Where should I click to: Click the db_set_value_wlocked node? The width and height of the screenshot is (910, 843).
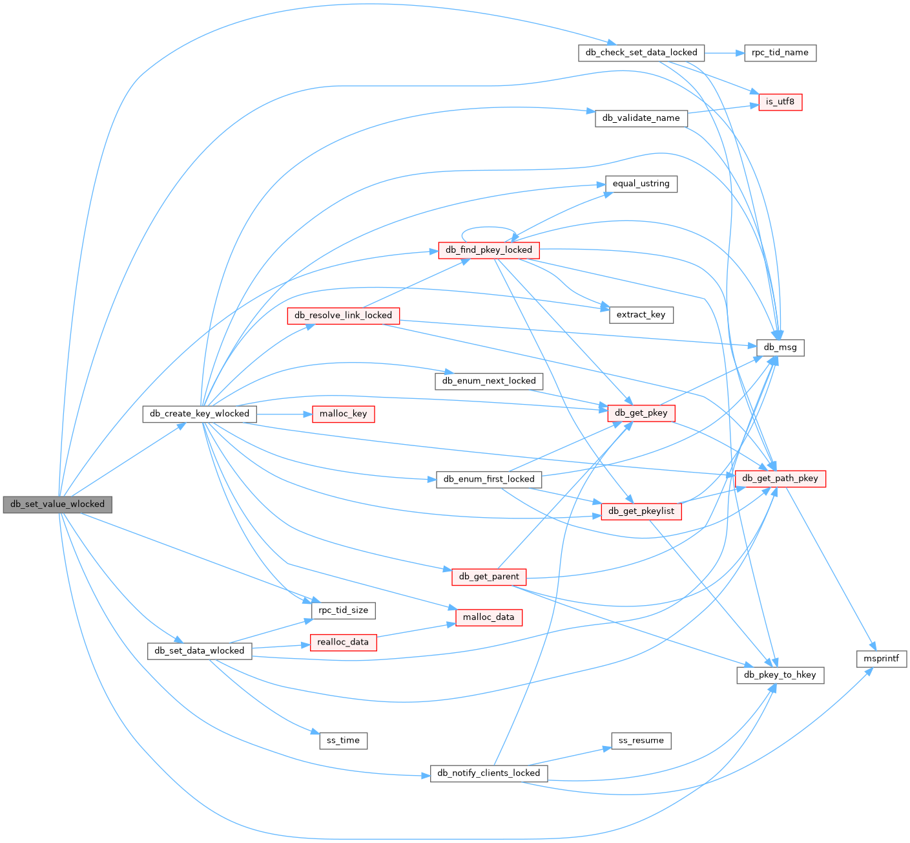click(x=57, y=504)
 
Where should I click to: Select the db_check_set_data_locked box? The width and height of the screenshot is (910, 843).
click(x=641, y=53)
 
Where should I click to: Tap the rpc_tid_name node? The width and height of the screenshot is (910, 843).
click(x=780, y=53)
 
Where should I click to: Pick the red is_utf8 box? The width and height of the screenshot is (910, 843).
click(x=780, y=101)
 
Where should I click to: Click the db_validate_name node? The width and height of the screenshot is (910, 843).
click(x=641, y=118)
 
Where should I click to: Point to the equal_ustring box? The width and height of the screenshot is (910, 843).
click(x=641, y=184)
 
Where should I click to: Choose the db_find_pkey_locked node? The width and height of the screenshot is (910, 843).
click(x=489, y=250)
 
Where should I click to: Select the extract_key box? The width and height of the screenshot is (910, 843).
click(x=641, y=315)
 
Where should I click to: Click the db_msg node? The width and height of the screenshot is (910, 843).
click(x=780, y=347)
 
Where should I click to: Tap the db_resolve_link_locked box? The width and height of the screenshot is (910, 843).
click(x=343, y=315)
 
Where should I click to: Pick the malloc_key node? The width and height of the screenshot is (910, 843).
click(x=343, y=414)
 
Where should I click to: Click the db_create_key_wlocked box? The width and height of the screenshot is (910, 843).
click(x=200, y=414)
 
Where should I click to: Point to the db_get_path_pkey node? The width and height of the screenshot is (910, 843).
click(x=780, y=478)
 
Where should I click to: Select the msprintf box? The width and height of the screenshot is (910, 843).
click(x=881, y=659)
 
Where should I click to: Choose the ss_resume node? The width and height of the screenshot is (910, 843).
click(x=641, y=740)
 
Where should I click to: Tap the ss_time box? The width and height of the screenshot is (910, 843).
click(x=343, y=740)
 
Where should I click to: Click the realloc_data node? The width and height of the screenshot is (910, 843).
click(x=343, y=642)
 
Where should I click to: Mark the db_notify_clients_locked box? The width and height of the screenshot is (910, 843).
click(x=489, y=773)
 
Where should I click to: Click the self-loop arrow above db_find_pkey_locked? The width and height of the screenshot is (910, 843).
click(x=489, y=228)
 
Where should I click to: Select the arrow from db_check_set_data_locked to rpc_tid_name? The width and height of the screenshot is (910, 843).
click(x=724, y=53)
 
